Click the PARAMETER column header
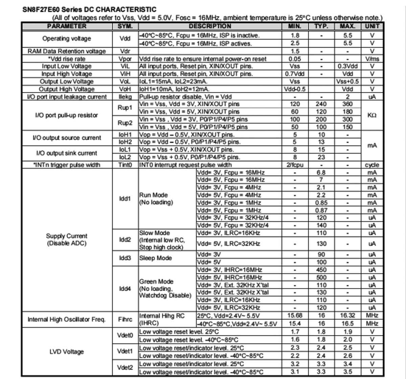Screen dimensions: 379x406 pos(67,26)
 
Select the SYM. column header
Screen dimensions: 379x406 pos(125,26)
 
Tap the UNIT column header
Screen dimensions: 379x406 pos(372,26)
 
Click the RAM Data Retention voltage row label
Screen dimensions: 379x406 pos(67,51)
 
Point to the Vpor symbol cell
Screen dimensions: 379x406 pos(125,59)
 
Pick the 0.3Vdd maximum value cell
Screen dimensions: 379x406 pos(347,66)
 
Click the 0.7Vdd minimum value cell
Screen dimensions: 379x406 pos(295,74)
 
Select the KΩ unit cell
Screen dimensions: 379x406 pos(372,115)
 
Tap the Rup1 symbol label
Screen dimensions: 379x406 pos(125,108)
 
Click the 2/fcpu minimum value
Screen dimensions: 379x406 pos(295,165)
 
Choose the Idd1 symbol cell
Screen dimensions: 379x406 pos(125,199)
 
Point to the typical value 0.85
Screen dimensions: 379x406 pos(321,203)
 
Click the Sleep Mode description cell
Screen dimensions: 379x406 pos(155,258)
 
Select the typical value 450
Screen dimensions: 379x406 pos(321,270)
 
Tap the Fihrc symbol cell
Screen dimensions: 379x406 pos(125,319)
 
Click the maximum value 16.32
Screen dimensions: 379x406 pos(347,315)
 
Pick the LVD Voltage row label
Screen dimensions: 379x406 pos(67,352)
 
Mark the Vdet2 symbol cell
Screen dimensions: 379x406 pos(125,368)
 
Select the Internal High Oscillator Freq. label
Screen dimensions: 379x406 pos(67,319)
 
